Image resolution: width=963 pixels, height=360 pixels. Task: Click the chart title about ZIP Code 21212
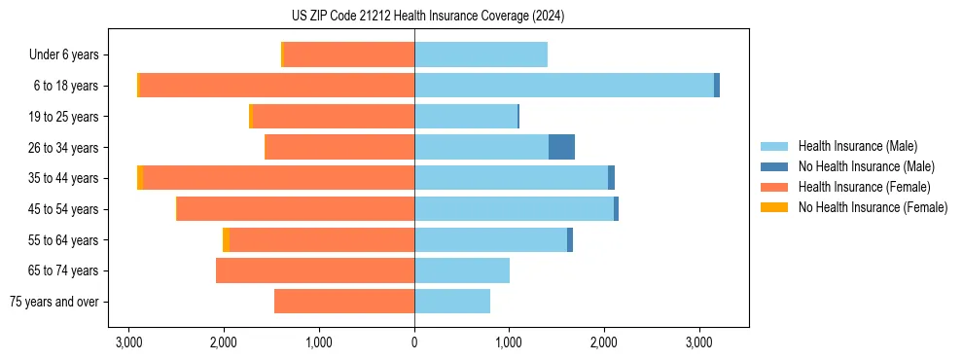[428, 17]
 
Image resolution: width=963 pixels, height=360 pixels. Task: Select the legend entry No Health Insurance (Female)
[873, 207]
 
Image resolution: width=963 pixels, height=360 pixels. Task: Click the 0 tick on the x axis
[414, 342]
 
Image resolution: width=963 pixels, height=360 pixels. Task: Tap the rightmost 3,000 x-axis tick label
[699, 342]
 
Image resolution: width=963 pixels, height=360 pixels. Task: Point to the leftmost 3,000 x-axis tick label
[129, 342]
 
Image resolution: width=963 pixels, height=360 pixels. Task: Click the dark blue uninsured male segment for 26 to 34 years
[561, 147]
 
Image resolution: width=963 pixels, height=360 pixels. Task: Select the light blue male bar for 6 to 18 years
[564, 86]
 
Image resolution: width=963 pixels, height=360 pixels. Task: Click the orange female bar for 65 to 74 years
[315, 270]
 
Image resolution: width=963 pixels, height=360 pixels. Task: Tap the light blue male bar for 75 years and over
[452, 302]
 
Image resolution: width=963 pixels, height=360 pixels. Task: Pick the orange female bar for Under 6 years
[348, 54]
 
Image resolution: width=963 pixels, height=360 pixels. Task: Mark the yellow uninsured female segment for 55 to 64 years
[226, 239]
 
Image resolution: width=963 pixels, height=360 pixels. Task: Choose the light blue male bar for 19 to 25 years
[466, 117]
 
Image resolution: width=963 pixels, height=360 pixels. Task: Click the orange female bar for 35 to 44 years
[279, 178]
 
